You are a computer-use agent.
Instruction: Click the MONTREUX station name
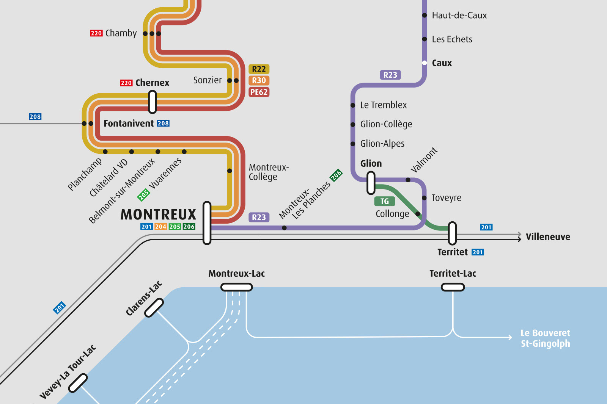[x=158, y=215]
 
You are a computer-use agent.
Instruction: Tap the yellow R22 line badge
[x=259, y=69]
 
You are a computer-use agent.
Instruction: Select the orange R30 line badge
[x=259, y=80]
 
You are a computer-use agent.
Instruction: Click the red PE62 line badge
[x=259, y=92]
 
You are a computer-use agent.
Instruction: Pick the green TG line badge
[x=384, y=201]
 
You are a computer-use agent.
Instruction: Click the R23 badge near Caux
[x=390, y=75]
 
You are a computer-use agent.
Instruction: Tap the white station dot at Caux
[x=425, y=63]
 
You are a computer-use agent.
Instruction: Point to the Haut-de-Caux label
[x=459, y=16]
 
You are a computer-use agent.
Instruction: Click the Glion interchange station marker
[x=371, y=183]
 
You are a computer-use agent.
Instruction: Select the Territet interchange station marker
[x=452, y=233]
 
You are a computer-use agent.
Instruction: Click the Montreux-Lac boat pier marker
[x=236, y=287]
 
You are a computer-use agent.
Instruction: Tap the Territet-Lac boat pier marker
[x=453, y=287]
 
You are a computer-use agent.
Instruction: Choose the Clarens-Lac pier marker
[x=154, y=307]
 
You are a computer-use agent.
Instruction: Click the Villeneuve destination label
[x=547, y=237]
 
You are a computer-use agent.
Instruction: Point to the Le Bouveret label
[x=545, y=333]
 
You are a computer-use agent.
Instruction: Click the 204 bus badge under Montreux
[x=160, y=227]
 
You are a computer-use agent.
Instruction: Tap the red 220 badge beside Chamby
[x=96, y=33]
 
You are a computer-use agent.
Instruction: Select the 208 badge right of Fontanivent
[x=163, y=124]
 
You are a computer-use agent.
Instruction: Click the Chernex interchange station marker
[x=152, y=102]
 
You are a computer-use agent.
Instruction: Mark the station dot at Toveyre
[x=424, y=198]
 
